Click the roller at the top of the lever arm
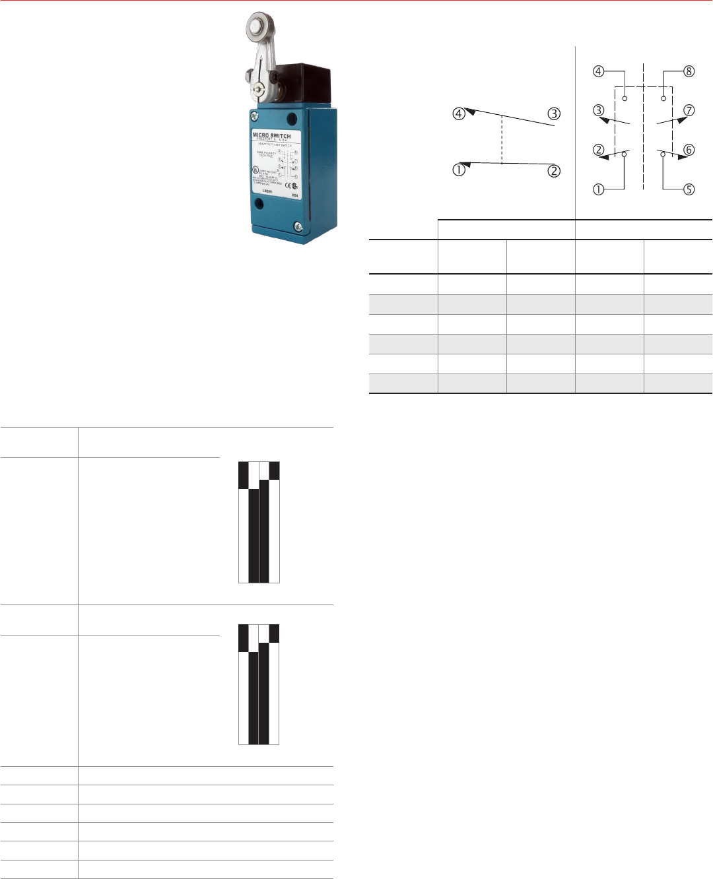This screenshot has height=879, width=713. [255, 27]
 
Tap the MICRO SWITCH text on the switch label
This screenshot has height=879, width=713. [271, 136]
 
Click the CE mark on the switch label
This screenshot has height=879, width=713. [288, 185]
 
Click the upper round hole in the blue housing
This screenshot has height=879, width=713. [291, 119]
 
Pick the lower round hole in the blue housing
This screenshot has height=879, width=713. [259, 205]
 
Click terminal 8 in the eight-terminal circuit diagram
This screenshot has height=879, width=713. [689, 71]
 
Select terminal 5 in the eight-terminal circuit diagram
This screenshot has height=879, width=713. [689, 189]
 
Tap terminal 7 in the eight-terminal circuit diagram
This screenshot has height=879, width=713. [689, 110]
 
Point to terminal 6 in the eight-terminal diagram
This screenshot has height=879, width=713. [689, 150]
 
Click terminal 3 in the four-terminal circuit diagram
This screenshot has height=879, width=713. [553, 114]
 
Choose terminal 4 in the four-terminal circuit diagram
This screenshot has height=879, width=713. [458, 113]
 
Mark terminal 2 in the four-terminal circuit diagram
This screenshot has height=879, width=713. [553, 171]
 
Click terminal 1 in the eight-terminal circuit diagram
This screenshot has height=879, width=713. [598, 189]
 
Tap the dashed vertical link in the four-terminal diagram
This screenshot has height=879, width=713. [502, 139]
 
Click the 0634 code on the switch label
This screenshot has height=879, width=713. [294, 195]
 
